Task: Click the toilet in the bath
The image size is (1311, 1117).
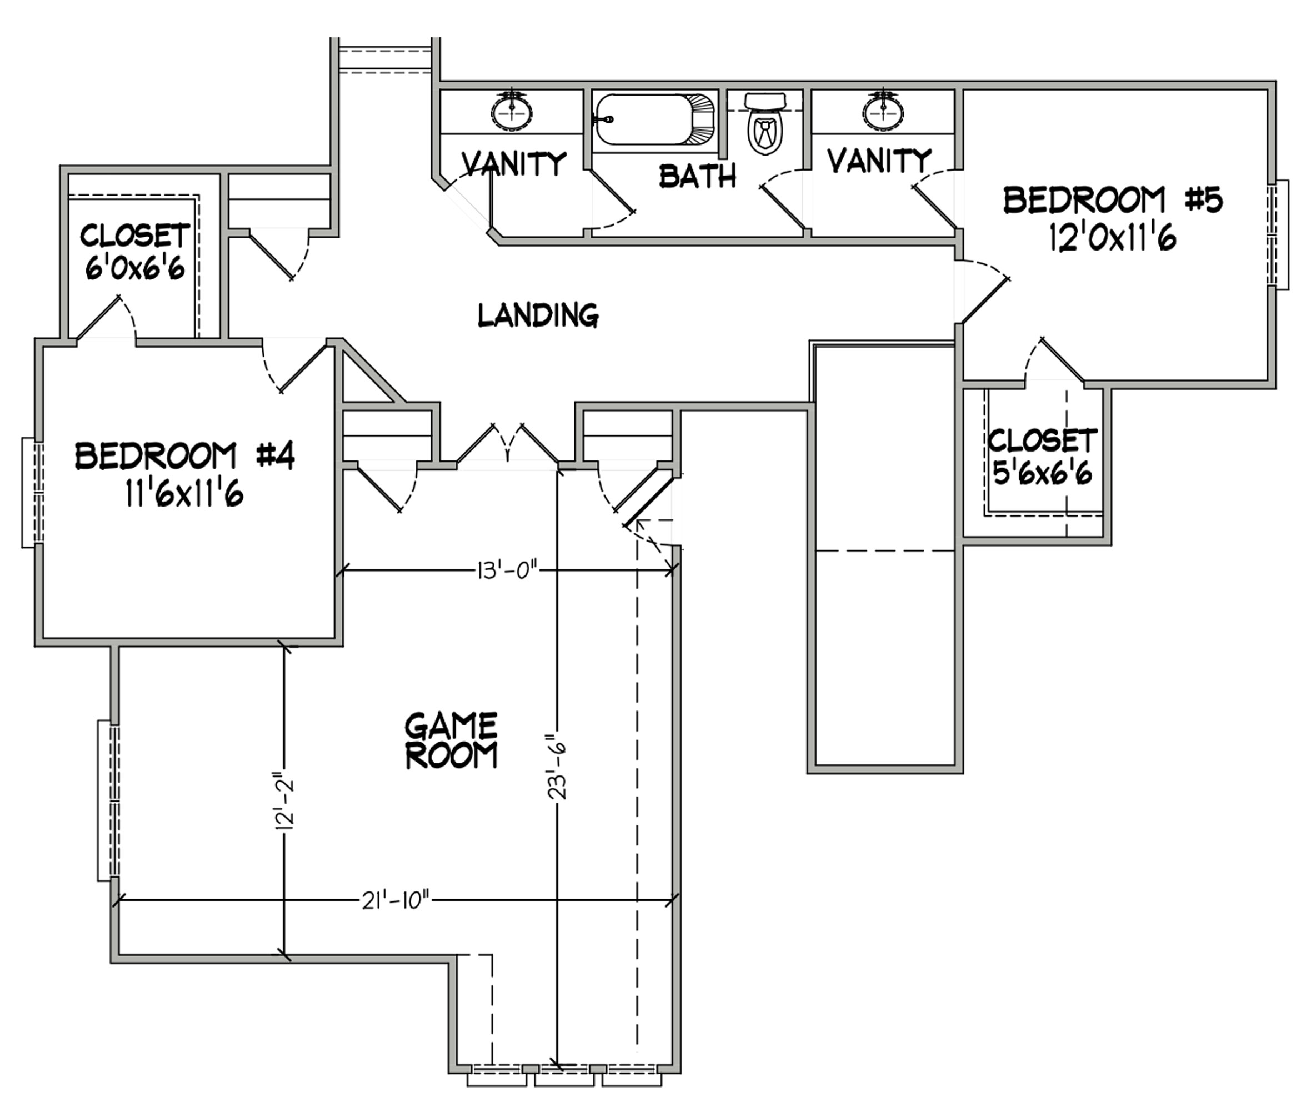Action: pos(765,123)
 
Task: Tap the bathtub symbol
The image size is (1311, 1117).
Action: pos(655,120)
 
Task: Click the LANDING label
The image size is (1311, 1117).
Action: pos(538,315)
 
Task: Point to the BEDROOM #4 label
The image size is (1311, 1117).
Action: pos(185,456)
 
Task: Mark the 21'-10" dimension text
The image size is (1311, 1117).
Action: pos(396,901)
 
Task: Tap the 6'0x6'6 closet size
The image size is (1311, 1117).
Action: pos(135,268)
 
